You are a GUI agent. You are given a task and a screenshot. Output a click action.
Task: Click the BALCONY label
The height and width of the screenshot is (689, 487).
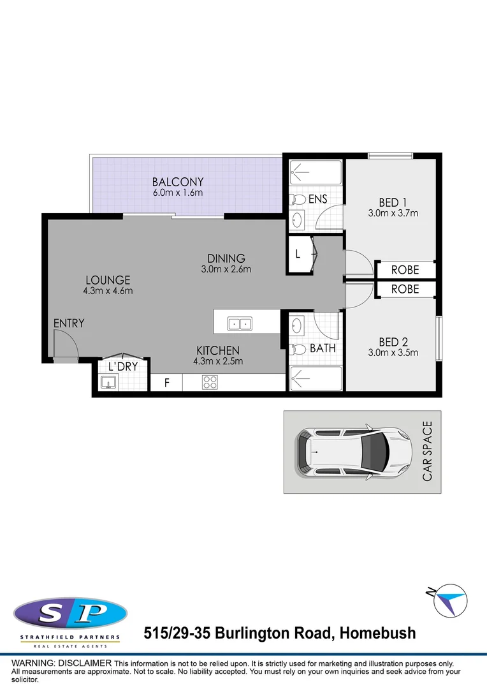pyautogui.click(x=178, y=181)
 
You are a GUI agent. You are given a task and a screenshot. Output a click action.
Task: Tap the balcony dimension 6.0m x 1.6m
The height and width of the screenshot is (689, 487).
pyautogui.click(x=178, y=192)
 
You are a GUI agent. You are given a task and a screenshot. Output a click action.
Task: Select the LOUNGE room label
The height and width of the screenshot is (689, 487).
pyautogui.click(x=107, y=280)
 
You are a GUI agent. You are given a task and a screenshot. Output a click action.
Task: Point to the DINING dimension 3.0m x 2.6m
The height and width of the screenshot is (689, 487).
pyautogui.click(x=226, y=269)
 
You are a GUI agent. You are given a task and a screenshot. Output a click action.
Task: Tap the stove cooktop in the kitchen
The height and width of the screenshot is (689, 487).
pyautogui.click(x=210, y=383)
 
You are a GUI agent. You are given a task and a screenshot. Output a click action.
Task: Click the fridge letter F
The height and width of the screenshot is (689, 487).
pyautogui.click(x=167, y=383)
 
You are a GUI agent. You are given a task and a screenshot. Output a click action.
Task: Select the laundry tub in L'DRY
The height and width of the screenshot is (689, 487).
pyautogui.click(x=108, y=382)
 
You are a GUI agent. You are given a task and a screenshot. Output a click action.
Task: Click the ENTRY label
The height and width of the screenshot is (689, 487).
pyautogui.click(x=69, y=323)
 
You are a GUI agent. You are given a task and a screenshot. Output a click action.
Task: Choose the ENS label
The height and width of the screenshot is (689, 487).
pyautogui.click(x=317, y=199)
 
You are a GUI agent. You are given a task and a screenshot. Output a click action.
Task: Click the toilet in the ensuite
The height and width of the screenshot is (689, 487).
pyautogui.click(x=297, y=198)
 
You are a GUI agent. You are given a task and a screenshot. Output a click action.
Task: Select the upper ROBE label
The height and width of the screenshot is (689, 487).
pyautogui.click(x=405, y=270)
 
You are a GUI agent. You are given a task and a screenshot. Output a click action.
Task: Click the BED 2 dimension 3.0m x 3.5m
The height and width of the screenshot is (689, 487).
pyautogui.click(x=393, y=353)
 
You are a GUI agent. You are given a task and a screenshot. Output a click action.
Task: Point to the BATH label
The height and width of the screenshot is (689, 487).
pyautogui.click(x=323, y=348)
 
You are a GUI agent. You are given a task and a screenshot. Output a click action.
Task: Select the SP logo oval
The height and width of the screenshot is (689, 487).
pyautogui.click(x=70, y=614)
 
